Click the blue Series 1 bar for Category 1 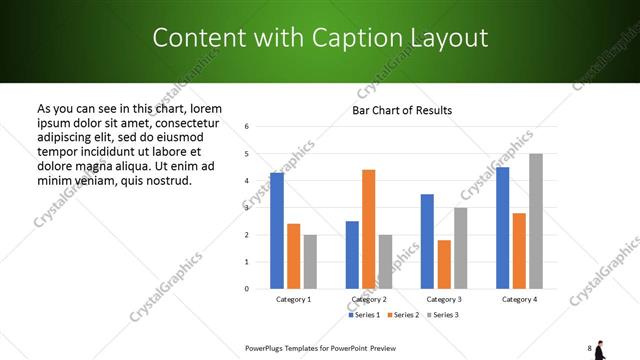point(277,230)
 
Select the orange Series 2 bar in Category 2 point(368,229)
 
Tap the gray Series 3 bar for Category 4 point(536,221)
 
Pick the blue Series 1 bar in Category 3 point(427,241)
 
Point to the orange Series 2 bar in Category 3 point(444,264)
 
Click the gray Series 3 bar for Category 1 point(310,261)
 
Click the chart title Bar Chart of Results point(402,110)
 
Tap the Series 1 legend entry point(363,315)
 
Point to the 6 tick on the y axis point(246,127)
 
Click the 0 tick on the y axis point(246,289)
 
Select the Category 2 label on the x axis point(369,299)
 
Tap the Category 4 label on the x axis point(519,299)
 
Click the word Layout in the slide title point(447,38)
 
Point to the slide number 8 point(590,348)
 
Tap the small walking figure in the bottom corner point(600,349)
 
